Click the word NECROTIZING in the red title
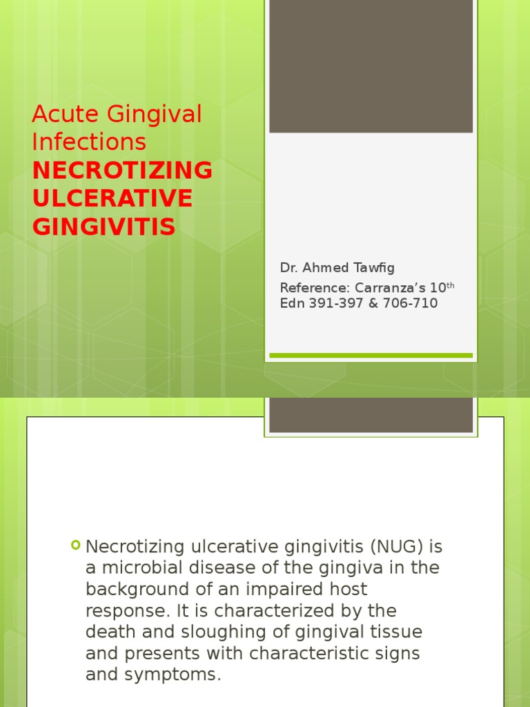[x=122, y=170]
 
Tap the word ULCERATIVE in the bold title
[x=112, y=198]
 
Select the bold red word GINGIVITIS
[x=104, y=226]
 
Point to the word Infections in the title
[x=89, y=142]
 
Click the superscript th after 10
[x=450, y=284]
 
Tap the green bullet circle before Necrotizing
[x=75, y=545]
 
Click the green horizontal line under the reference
[x=371, y=356]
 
